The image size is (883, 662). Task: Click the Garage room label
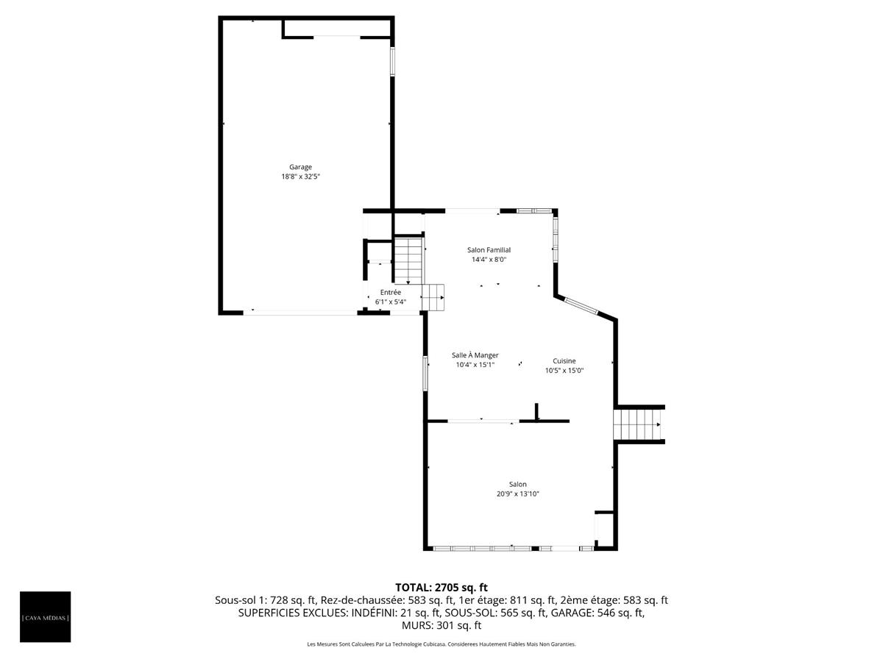click(x=300, y=167)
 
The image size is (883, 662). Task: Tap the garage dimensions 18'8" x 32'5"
click(x=300, y=177)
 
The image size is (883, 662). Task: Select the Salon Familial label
click(x=489, y=250)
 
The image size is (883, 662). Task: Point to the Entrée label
click(x=391, y=292)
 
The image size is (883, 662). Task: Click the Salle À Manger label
click(x=475, y=355)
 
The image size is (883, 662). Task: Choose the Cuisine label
click(x=564, y=361)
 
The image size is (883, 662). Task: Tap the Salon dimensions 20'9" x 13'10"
click(x=517, y=494)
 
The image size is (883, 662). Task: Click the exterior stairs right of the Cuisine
click(x=637, y=425)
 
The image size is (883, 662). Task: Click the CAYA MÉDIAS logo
click(x=46, y=616)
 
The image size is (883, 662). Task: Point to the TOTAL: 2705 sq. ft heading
click(x=441, y=587)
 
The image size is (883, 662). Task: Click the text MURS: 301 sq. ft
click(x=441, y=626)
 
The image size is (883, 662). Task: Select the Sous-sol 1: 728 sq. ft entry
click(x=266, y=600)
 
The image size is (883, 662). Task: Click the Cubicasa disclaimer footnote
click(x=441, y=644)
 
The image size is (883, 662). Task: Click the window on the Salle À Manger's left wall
click(x=425, y=373)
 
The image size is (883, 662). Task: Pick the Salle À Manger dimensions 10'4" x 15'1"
click(x=475, y=365)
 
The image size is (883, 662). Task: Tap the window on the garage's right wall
click(x=392, y=62)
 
